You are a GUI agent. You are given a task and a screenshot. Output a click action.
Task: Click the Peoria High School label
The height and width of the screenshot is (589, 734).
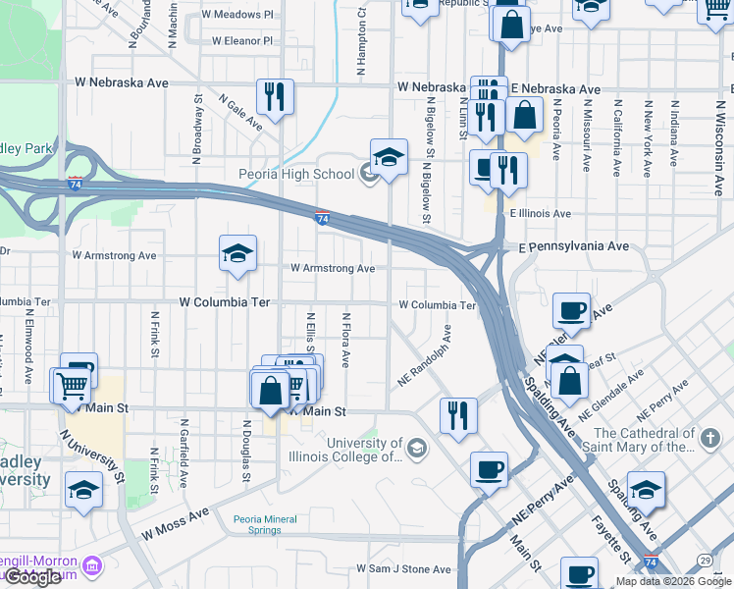click(x=295, y=175)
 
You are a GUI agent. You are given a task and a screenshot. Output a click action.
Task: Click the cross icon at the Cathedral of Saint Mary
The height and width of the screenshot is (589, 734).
click(x=710, y=435)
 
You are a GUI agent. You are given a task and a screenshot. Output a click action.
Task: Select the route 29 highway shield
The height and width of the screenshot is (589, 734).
click(x=706, y=560)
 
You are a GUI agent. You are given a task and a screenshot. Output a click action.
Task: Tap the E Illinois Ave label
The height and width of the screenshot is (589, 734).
click(x=540, y=213)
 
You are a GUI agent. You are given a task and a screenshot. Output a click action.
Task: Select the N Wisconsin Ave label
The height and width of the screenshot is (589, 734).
click(x=705, y=137)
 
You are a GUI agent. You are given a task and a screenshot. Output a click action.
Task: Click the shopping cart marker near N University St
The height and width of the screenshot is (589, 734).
click(x=70, y=384)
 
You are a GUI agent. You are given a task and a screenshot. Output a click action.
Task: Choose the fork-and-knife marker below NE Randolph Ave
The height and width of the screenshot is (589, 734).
click(x=457, y=416)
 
